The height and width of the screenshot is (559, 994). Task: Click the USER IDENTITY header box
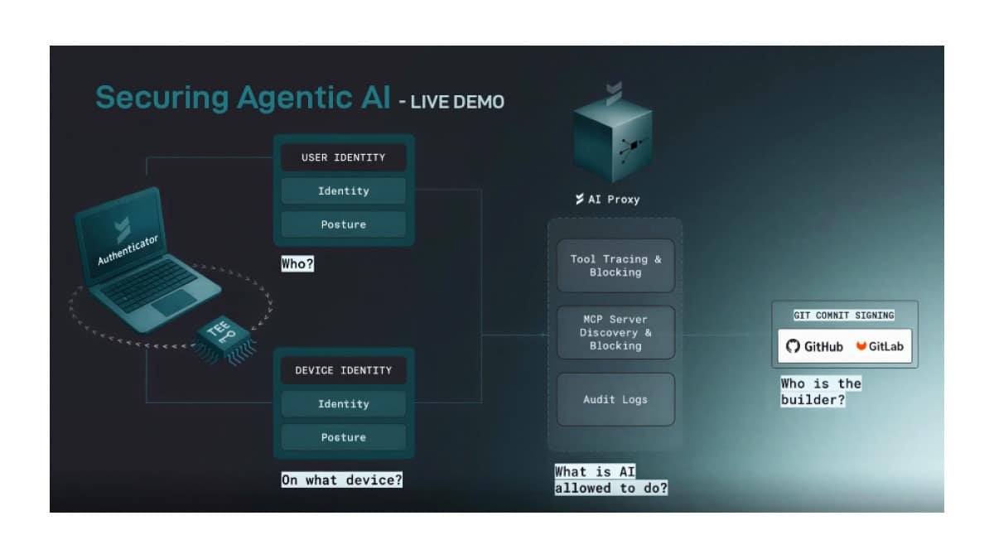(343, 157)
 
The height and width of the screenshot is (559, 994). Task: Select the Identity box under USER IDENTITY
(343, 191)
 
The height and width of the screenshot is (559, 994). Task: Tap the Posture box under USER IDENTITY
(343, 224)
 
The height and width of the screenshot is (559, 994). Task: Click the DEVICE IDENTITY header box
(343, 370)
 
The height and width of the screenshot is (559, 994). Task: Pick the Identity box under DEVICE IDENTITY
(343, 404)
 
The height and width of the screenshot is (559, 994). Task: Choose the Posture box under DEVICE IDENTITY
(343, 437)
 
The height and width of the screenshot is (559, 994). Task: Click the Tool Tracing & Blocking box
(615, 266)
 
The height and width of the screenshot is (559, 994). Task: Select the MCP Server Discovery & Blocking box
(615, 332)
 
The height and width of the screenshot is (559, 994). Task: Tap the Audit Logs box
(615, 399)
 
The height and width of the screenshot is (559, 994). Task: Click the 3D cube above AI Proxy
(613, 141)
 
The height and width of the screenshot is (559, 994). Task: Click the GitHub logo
(814, 346)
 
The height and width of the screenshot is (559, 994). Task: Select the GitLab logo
(880, 346)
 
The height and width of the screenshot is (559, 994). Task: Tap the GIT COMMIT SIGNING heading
(844, 316)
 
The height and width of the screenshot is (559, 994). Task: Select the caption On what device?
(341, 479)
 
